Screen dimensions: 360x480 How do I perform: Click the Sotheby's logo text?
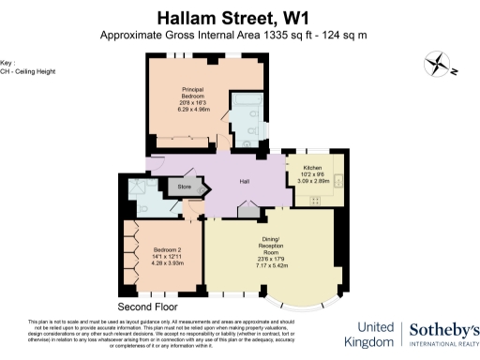point(443,329)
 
